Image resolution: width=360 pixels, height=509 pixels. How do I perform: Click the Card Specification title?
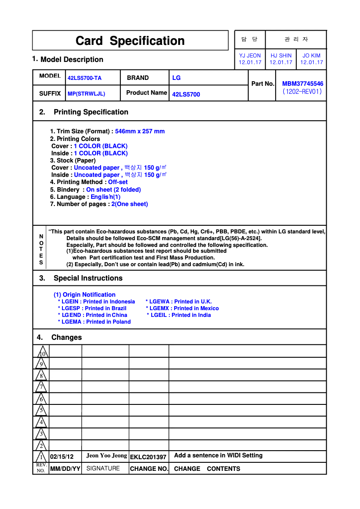point(130,41)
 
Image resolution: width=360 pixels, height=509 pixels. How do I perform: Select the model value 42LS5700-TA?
point(84,78)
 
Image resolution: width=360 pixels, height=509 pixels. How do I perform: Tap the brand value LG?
point(176,78)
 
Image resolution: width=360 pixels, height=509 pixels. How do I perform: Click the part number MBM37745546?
point(303,83)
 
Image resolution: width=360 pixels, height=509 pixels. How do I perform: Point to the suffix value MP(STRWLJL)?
point(86,94)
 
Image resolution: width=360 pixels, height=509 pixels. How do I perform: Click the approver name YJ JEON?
point(250,56)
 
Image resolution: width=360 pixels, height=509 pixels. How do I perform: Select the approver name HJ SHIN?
point(281,56)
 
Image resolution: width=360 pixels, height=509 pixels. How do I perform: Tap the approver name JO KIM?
point(312,56)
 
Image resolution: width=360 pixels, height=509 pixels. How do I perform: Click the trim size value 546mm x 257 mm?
point(140,132)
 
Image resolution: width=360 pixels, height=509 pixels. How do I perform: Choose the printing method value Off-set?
point(118,182)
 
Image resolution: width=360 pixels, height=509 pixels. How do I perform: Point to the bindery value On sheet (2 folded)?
point(114,189)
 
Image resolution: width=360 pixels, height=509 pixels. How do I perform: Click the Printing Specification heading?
point(91,112)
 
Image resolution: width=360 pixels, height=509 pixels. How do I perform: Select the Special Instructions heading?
point(88,278)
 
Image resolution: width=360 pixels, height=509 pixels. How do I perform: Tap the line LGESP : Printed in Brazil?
point(92,308)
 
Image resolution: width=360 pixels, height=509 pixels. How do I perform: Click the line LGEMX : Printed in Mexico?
point(182,308)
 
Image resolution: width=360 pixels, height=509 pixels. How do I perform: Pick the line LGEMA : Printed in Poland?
point(94,322)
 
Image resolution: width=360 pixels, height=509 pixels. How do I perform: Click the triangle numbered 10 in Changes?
point(41,352)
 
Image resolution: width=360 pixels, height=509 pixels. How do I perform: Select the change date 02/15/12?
point(62,456)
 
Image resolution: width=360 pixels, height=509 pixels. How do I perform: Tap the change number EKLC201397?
point(148,457)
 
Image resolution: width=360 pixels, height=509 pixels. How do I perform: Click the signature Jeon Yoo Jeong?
point(107,456)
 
